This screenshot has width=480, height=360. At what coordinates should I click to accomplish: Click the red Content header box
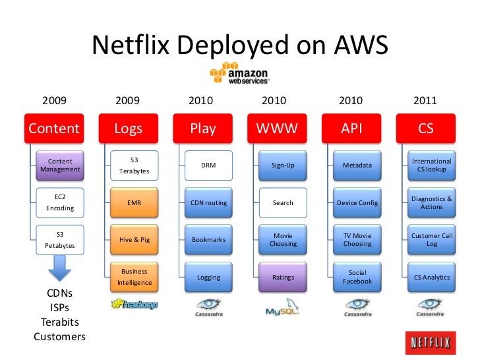(x=54, y=128)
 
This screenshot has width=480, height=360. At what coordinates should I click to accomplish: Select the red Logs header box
(x=128, y=128)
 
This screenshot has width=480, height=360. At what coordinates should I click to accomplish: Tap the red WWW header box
(x=277, y=128)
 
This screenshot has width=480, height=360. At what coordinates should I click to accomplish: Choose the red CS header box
(x=426, y=128)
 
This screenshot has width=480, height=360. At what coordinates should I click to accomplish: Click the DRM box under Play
(x=208, y=165)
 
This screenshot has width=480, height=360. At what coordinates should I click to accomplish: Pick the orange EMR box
(x=135, y=202)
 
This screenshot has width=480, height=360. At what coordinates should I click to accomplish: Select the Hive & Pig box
(x=135, y=240)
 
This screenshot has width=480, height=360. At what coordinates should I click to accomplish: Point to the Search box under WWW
(x=283, y=202)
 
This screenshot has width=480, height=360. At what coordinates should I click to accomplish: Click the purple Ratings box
(x=283, y=278)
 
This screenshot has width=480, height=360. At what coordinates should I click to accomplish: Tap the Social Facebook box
(x=357, y=278)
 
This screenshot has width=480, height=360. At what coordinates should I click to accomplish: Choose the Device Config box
(x=357, y=202)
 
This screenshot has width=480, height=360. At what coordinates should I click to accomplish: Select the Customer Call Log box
(x=432, y=240)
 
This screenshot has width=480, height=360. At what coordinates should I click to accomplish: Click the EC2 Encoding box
(x=60, y=202)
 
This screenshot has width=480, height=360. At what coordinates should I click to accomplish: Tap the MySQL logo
(x=283, y=309)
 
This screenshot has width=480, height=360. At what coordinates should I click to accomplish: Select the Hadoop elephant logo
(x=135, y=305)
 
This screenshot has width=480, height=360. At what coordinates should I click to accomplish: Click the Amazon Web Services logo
(x=239, y=74)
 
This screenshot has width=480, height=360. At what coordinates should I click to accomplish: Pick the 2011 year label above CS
(x=425, y=101)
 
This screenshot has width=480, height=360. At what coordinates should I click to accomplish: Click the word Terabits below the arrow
(x=59, y=322)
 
